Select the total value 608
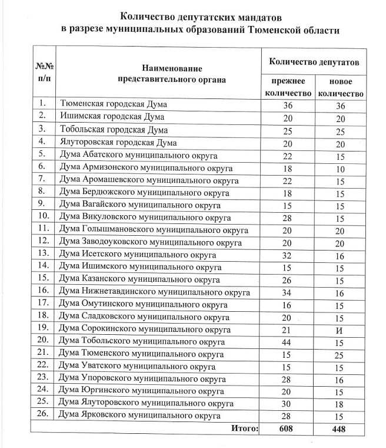point(288,429)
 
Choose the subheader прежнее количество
point(288,87)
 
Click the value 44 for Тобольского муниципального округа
point(288,342)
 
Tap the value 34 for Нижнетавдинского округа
point(288,292)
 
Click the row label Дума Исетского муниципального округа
point(138,255)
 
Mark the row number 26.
point(44,416)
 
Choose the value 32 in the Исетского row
point(288,255)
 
